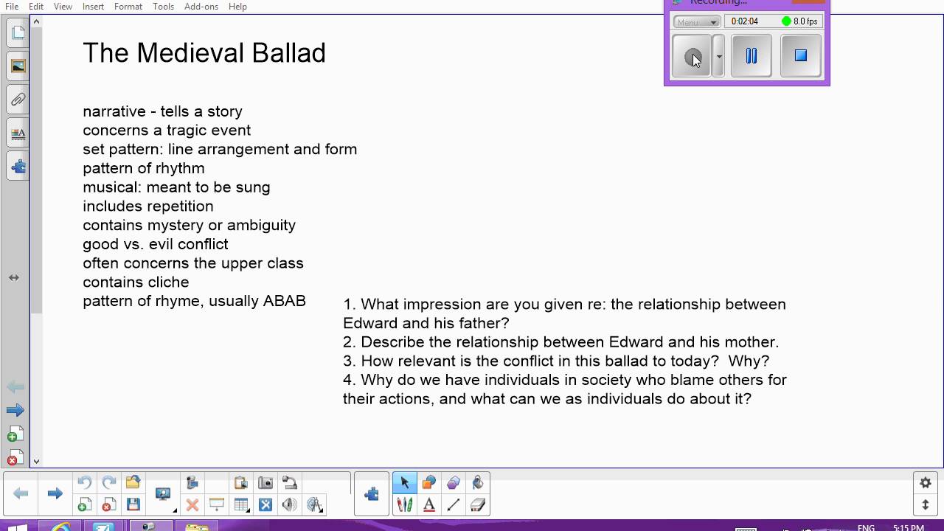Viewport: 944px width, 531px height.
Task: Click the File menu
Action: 12,7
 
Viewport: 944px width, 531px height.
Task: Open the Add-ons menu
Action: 201,7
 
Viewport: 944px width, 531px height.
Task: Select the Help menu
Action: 237,7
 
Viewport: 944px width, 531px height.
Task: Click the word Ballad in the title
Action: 288,53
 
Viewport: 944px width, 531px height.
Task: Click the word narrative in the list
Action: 114,111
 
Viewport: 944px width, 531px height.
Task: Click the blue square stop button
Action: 800,55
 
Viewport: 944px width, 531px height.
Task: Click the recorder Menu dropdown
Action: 696,22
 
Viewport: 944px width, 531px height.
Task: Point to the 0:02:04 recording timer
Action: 745,21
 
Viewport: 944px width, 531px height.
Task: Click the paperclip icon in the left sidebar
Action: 18,100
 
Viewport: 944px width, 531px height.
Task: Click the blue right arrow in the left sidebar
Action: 15,410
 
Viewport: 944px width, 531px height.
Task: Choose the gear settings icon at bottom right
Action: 926,483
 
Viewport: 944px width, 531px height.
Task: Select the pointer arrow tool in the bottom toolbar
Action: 404,483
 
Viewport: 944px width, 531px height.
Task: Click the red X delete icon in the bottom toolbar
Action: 192,505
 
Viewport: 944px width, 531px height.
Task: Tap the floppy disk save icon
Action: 133,505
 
